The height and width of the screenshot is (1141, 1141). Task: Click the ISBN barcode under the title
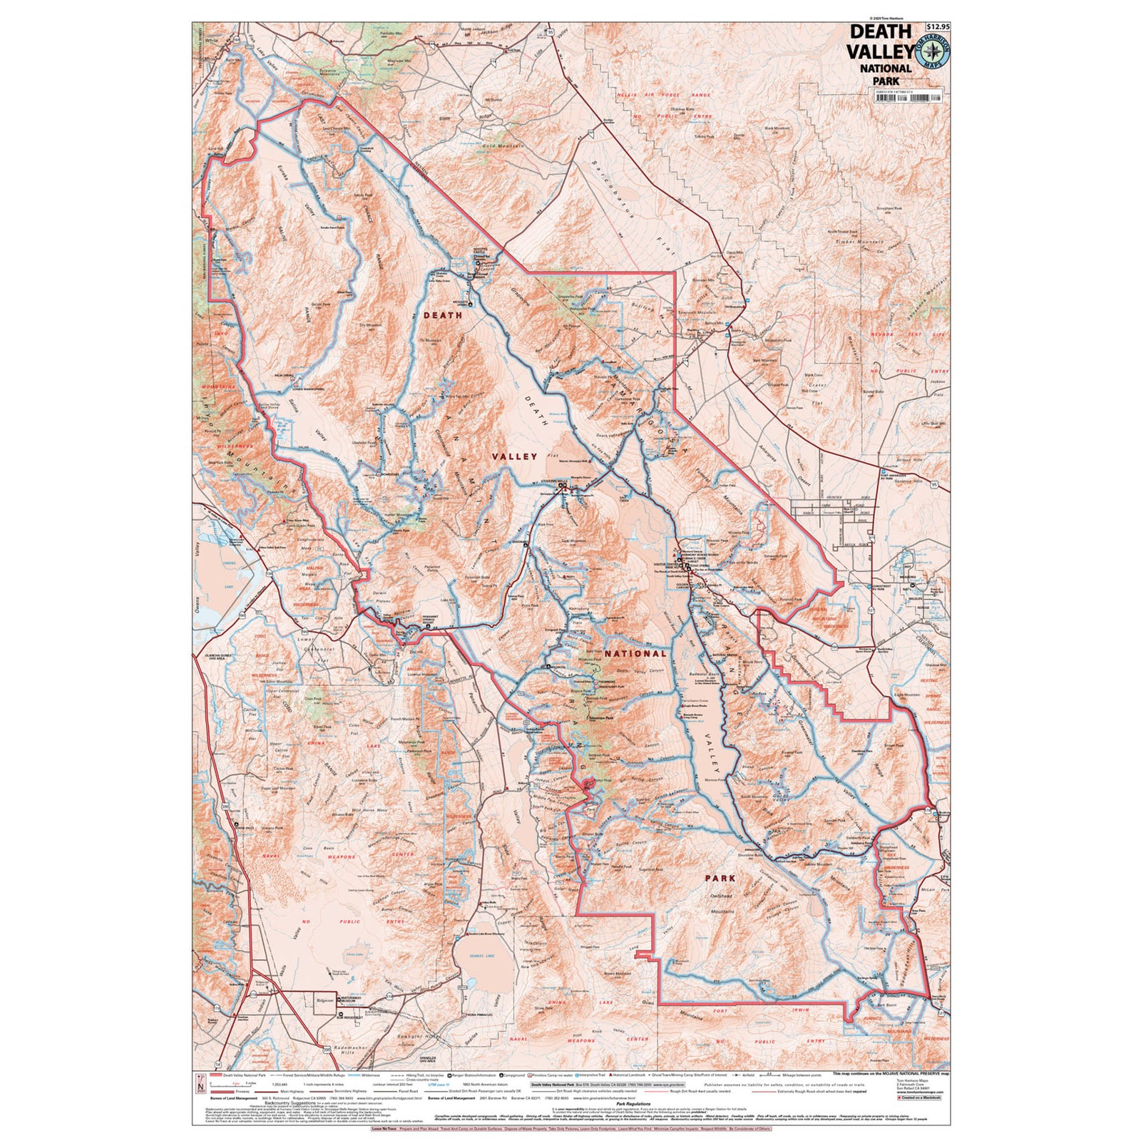coord(908,98)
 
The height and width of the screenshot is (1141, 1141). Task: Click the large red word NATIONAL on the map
coord(635,653)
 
